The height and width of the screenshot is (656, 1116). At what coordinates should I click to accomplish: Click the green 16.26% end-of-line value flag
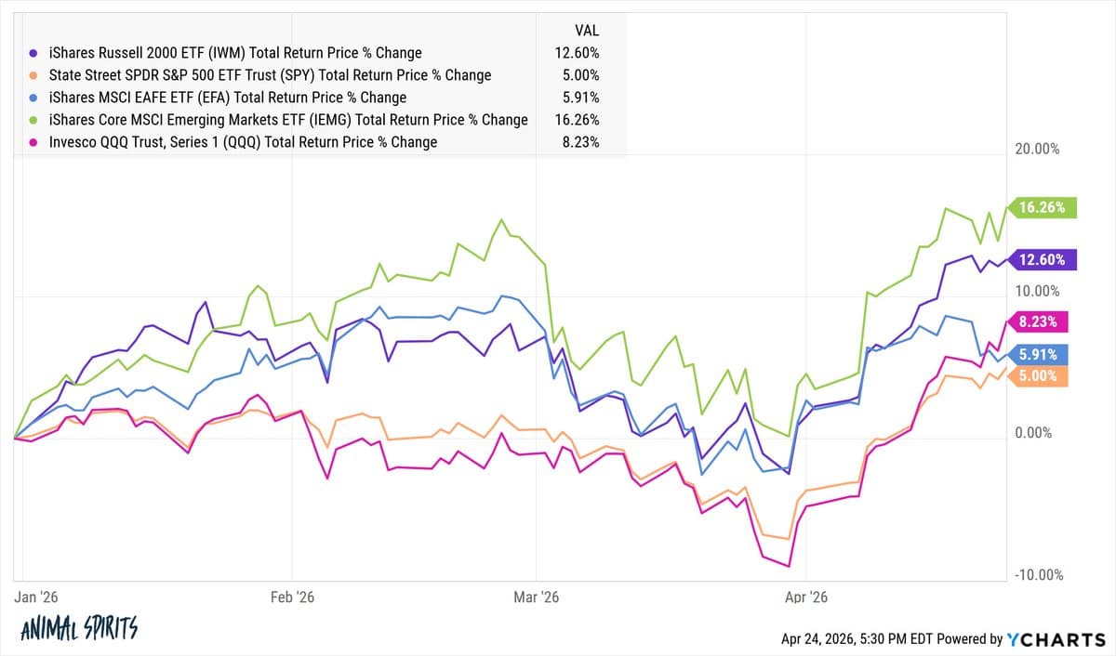[x=1044, y=208]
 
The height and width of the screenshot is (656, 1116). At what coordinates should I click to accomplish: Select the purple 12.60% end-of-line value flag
[x=1044, y=260]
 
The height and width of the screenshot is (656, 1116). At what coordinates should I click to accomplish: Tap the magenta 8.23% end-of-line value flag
[x=1042, y=322]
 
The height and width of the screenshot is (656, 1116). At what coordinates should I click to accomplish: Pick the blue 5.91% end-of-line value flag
[x=1042, y=354]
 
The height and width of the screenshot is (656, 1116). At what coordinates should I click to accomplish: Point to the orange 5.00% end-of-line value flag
[x=1042, y=376]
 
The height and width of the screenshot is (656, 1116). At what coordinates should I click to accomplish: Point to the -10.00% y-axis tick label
[x=1039, y=575]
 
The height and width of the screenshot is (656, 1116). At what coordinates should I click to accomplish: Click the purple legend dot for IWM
[x=34, y=53]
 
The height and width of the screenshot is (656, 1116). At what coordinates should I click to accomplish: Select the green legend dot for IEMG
[x=34, y=120]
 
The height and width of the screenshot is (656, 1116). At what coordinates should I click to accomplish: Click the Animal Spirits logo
[x=79, y=629]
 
